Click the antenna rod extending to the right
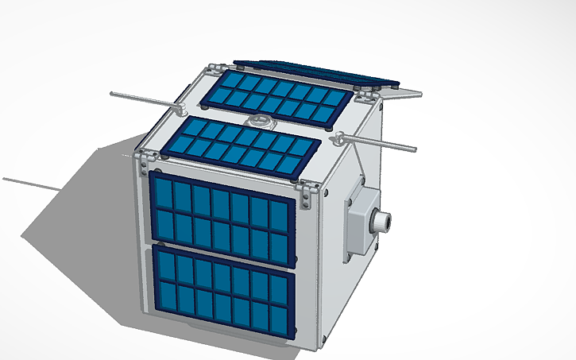(381, 143)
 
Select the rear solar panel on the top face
(278, 96)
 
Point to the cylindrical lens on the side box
(385, 220)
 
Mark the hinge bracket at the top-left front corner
(145, 157)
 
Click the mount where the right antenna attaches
(339, 138)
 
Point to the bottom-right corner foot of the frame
(323, 344)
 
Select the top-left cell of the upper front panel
(162, 194)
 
